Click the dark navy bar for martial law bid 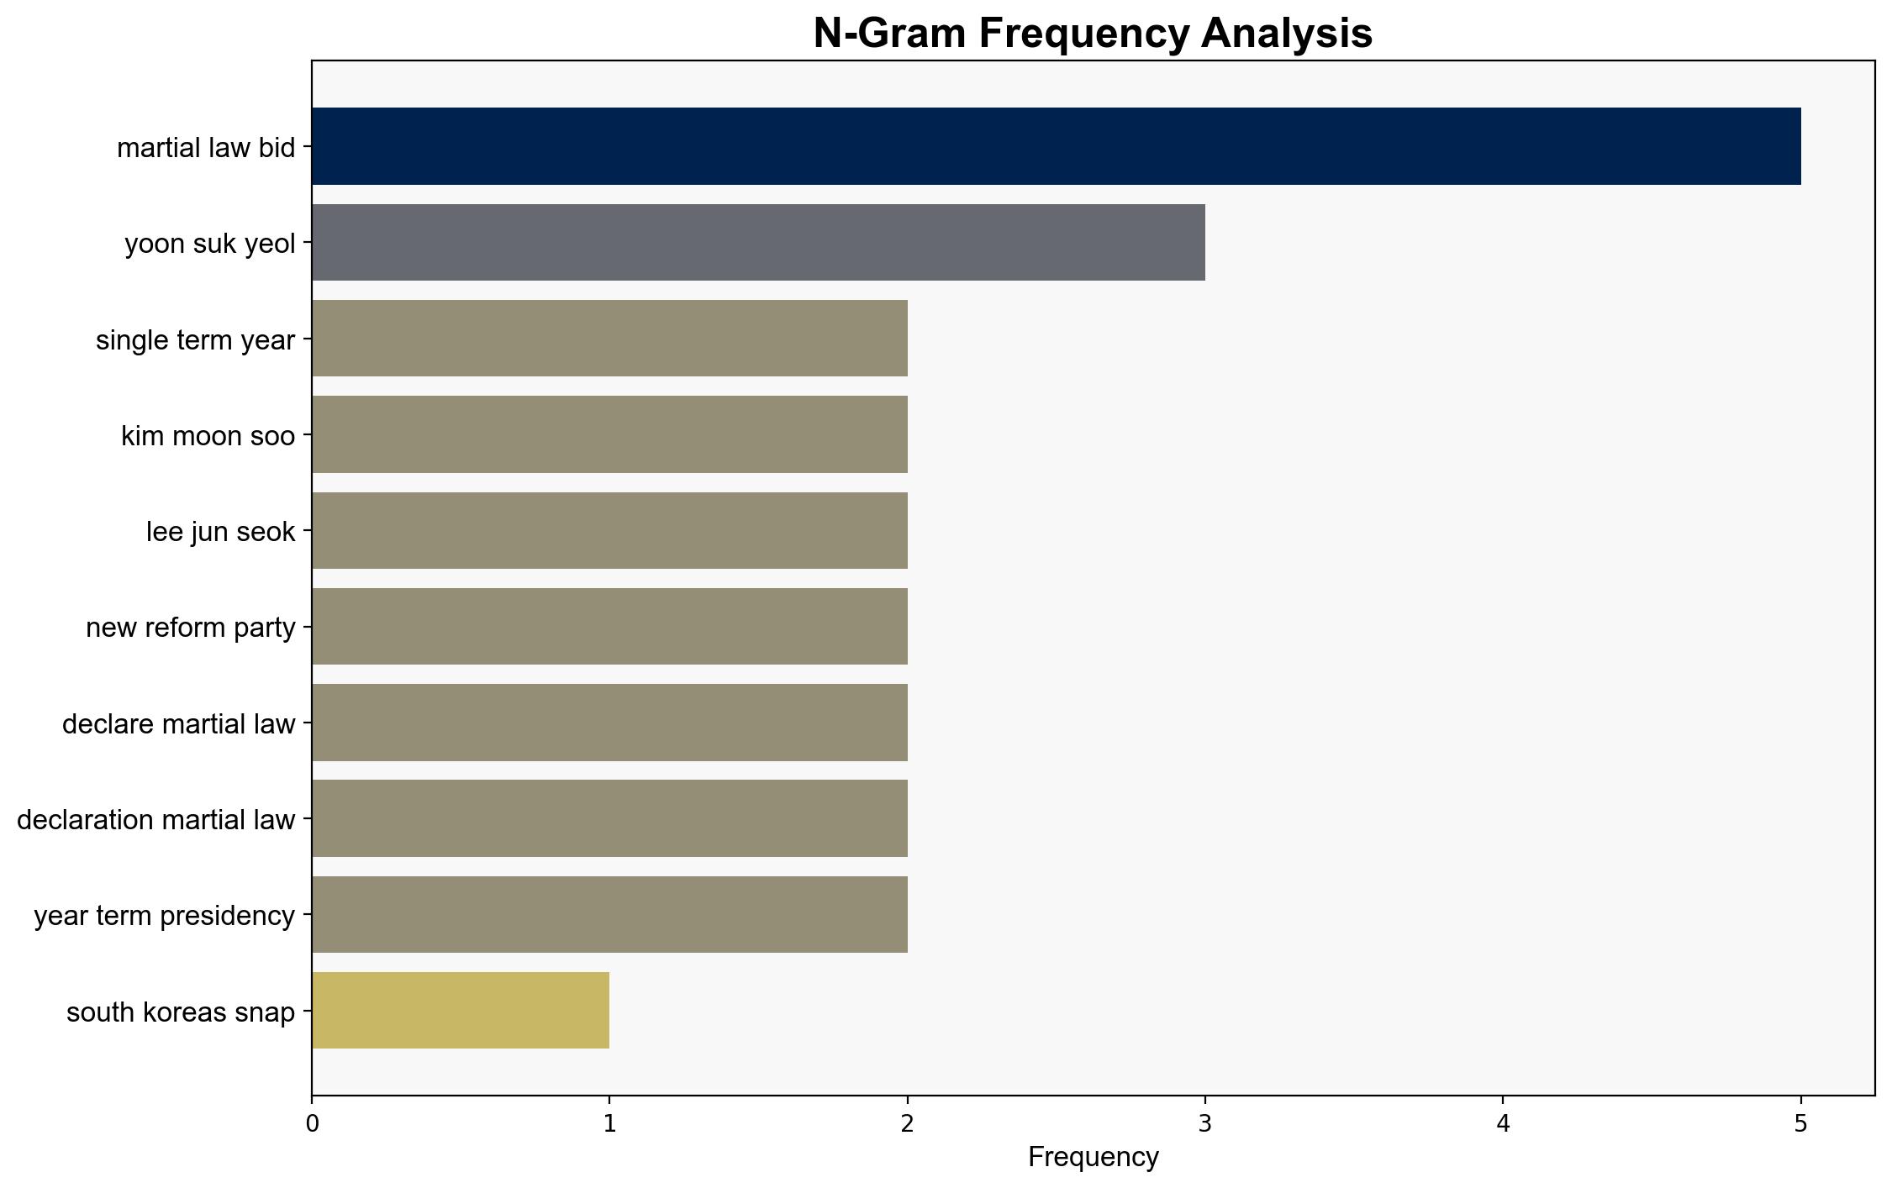(x=1056, y=146)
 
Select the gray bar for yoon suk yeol (x=758, y=242)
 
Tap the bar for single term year (x=609, y=339)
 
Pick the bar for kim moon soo (x=609, y=434)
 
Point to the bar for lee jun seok (x=609, y=530)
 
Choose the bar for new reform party (x=609, y=626)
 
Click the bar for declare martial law (x=609, y=723)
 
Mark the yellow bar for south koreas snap (x=461, y=1011)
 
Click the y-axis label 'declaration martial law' (x=156, y=820)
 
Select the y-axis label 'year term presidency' (x=165, y=916)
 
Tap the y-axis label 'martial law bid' (x=206, y=148)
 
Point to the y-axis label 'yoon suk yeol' (x=210, y=244)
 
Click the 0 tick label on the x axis (x=312, y=1123)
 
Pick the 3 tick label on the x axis (x=1205, y=1123)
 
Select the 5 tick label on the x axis (x=1800, y=1123)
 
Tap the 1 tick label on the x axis (x=609, y=1123)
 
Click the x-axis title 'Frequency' (x=1093, y=1158)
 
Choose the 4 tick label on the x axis (x=1503, y=1123)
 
